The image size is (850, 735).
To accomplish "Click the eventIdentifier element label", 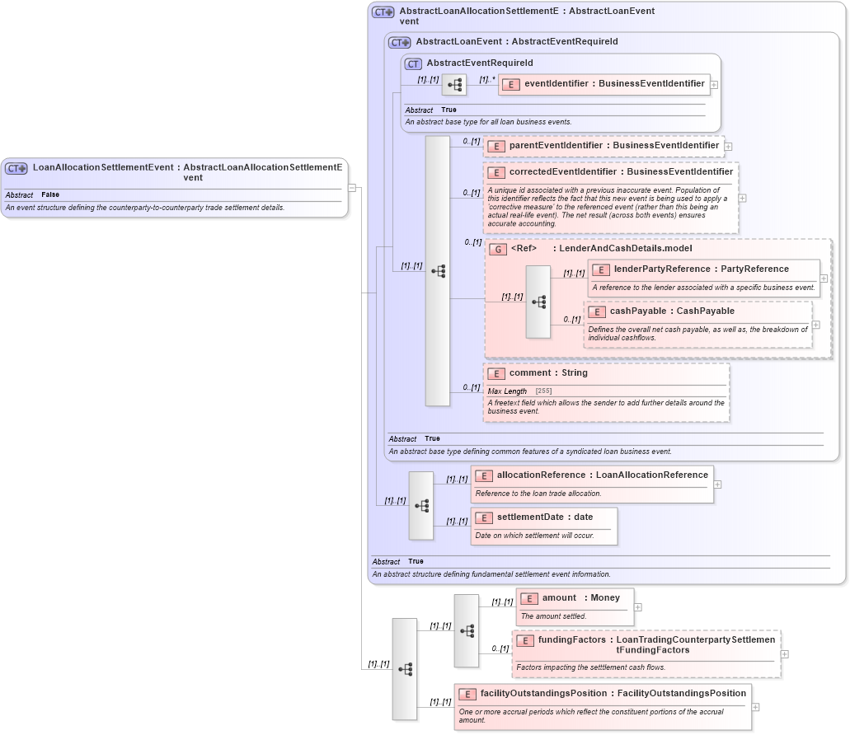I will coord(614,83).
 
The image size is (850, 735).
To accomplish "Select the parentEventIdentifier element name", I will coord(613,146).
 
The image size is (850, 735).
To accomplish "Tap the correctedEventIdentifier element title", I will coord(620,172).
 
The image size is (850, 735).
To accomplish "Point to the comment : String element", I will coord(548,372).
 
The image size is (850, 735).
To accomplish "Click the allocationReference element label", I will coord(602,475).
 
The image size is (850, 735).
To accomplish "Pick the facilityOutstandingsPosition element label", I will coord(613,693).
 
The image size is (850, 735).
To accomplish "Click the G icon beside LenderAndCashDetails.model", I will coord(497,249).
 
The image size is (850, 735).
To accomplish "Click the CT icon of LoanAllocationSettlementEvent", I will coord(16,168).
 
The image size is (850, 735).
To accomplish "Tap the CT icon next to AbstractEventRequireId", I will coord(413,63).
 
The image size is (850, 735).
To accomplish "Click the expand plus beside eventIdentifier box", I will coord(714,84).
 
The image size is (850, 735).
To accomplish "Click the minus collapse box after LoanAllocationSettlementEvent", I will coord(352,187).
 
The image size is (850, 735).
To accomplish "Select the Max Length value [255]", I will coord(543,391).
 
